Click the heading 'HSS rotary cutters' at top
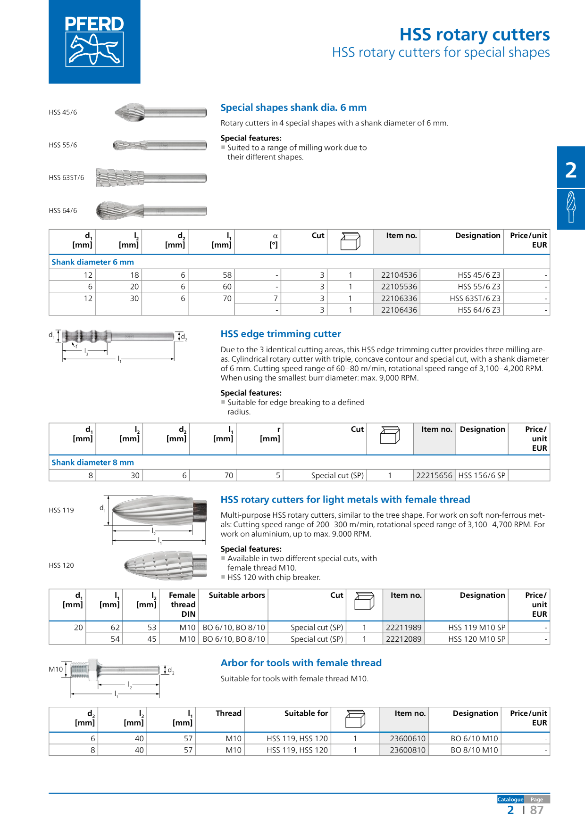point(474,34)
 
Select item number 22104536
point(399,275)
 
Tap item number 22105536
point(399,287)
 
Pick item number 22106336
point(399,298)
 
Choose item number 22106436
point(399,310)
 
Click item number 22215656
point(434,475)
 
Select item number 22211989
point(403,628)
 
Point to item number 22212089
point(403,639)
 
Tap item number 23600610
point(407,738)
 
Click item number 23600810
point(407,750)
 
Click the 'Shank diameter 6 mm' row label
point(92,262)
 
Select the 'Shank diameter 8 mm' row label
point(92,463)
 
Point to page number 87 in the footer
point(536,810)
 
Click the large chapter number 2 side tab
point(571,170)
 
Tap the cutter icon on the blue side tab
point(571,207)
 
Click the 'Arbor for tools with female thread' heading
point(301,663)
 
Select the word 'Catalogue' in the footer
point(510,799)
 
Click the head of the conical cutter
point(120,178)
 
